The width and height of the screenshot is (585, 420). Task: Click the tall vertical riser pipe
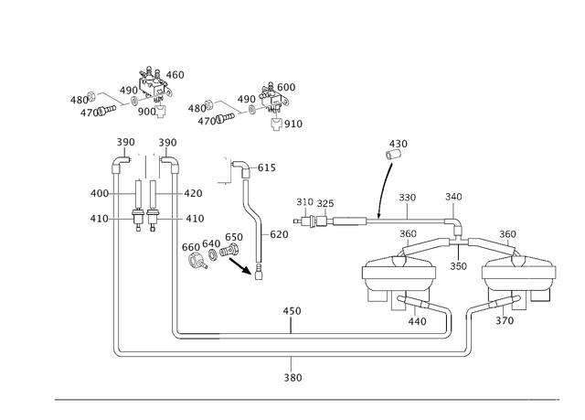(174, 256)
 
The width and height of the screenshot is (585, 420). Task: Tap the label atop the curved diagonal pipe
(398, 144)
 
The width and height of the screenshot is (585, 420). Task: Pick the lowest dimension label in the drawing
(292, 377)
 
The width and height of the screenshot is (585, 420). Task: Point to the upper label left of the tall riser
(99, 193)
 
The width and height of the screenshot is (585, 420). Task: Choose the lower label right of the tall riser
(194, 218)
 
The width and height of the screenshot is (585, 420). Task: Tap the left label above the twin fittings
(125, 143)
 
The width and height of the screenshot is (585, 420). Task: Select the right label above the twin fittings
(167, 143)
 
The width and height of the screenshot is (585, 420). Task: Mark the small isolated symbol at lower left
(116, 353)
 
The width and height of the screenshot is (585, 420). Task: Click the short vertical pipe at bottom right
(467, 332)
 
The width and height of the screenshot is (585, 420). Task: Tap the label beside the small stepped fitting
(265, 167)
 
